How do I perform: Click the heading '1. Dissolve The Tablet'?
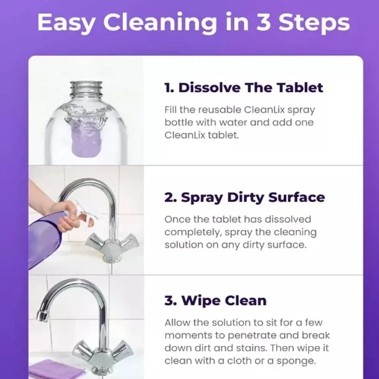pos(244,88)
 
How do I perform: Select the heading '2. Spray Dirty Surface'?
pos(244,197)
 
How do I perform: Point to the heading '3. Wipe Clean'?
pos(215,301)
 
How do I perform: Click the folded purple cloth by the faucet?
pos(57,370)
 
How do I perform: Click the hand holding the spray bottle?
pos(63,216)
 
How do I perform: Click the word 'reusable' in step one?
pos(216,110)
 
